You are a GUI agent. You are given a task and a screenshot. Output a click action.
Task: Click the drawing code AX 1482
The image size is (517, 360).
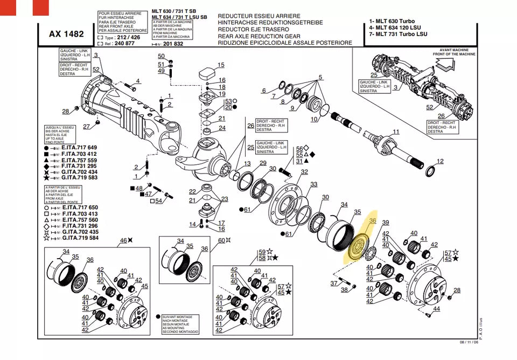coord(66,34)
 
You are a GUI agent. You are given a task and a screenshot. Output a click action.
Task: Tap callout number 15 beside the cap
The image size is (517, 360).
coord(220,65)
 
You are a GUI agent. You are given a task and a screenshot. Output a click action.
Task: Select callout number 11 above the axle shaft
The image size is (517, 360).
coord(396,132)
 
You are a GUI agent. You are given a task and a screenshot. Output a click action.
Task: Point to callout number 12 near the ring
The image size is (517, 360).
coord(440,161)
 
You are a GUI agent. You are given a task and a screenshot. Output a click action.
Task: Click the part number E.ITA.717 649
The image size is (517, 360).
coord(79,147)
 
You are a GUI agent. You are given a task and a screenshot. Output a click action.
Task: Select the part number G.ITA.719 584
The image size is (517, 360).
coord(80,238)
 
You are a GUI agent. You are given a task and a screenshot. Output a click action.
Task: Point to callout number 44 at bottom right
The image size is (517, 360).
coord(436,309)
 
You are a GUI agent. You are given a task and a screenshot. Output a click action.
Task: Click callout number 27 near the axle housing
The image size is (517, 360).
coord(86,127)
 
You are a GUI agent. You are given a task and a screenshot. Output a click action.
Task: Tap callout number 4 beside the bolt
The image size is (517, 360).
coord(137,81)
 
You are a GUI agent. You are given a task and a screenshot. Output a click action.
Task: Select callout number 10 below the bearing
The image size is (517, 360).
coord(314,120)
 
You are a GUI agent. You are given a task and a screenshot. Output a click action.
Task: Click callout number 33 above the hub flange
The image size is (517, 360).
coord(313,185)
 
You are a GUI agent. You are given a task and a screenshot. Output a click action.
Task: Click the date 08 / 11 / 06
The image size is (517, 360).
coord(469,343)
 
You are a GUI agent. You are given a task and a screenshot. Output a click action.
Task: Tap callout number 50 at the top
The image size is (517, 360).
coord(161,56)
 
